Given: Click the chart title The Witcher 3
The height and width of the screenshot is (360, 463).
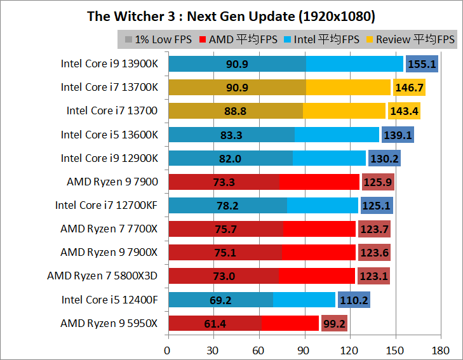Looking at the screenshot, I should tap(231, 16).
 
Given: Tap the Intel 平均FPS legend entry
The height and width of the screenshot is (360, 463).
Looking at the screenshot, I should tap(323, 39).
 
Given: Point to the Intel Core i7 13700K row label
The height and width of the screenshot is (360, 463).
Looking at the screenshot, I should tap(109, 87).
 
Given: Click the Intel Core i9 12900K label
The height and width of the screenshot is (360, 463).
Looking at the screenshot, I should tap(109, 158).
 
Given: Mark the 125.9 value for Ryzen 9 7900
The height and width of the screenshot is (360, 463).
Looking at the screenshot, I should tap(378, 182).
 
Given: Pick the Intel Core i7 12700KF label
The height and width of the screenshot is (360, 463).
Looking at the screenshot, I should tap(107, 205).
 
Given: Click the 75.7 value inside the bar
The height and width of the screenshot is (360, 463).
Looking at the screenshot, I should tap(225, 229).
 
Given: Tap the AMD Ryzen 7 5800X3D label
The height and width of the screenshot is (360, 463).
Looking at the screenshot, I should tap(102, 276).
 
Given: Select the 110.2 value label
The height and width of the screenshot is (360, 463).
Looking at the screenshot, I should tap(354, 300).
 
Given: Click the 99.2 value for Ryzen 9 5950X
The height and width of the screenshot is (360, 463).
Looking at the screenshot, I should tap(334, 323).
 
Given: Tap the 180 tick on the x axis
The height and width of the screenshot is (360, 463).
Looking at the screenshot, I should tap(440, 350).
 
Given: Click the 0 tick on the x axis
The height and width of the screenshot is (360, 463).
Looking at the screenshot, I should tap(168, 350).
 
